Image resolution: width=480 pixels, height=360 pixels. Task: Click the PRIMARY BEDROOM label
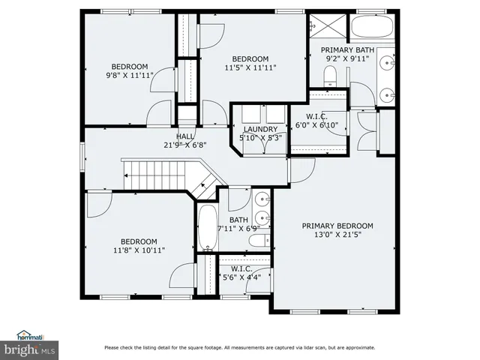[337, 225]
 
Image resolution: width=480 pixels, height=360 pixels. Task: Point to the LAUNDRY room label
[259, 129]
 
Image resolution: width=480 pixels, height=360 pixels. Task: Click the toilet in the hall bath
[259, 240]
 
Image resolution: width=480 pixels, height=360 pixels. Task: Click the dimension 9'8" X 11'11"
[130, 75]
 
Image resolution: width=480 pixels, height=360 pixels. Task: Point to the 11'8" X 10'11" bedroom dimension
[139, 250]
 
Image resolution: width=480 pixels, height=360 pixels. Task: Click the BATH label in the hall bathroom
[238, 220]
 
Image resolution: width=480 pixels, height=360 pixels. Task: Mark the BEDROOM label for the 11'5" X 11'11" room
[250, 58]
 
